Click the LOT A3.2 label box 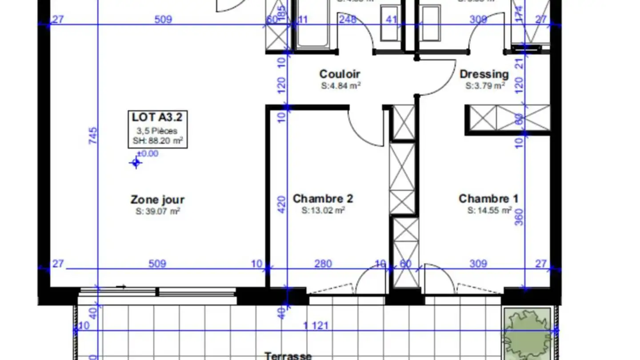point(157,129)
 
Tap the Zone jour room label point(157,200)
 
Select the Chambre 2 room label point(323,199)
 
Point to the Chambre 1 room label point(488,199)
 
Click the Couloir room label point(340,74)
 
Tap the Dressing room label point(484,74)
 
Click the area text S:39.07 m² point(158,212)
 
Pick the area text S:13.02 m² point(323,210)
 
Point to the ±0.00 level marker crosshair point(136,163)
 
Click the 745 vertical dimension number point(92,136)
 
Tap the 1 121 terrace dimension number point(316,326)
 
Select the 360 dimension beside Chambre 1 point(519,217)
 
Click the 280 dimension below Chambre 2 point(323,264)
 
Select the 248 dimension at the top point(347,19)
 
